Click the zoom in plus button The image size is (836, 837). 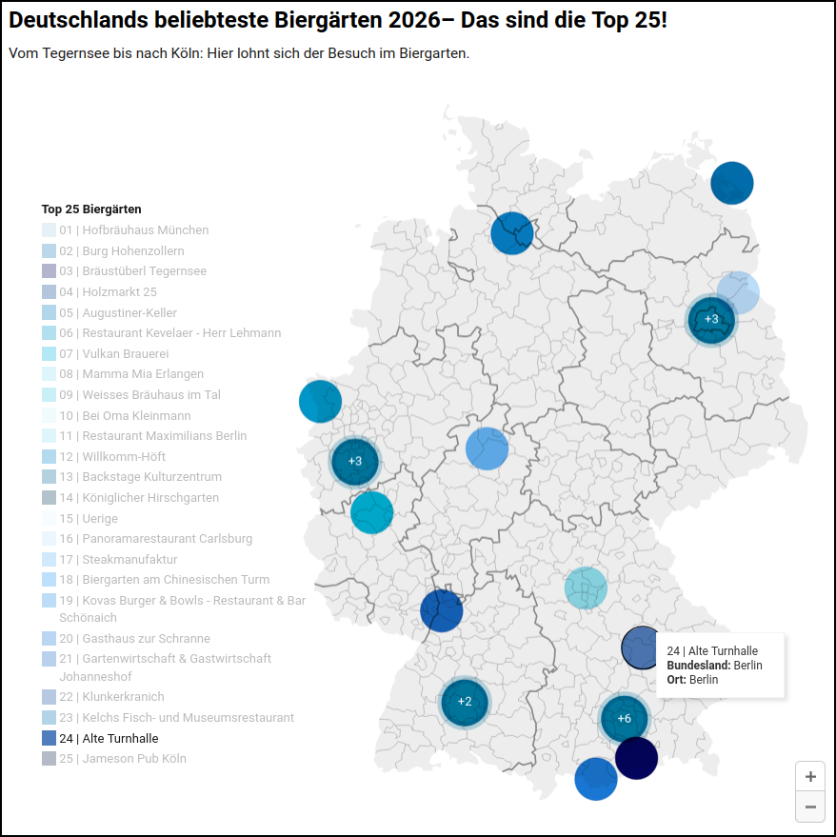[810, 776]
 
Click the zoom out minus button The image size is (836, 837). [810, 807]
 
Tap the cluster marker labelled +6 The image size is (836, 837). [625, 718]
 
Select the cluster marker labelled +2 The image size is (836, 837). [465, 702]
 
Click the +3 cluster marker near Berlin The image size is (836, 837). [711, 319]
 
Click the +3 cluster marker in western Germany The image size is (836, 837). [355, 461]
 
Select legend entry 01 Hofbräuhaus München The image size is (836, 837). [133, 230]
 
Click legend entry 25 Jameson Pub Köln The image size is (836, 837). [122, 759]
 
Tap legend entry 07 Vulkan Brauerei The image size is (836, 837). [113, 353]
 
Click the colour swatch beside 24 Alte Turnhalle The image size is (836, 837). [49, 738]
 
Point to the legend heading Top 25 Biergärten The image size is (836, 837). [91, 209]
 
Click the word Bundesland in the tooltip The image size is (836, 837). [698, 666]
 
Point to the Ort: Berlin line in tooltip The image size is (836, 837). [692, 680]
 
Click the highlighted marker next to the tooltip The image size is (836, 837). [641, 648]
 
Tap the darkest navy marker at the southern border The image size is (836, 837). [636, 758]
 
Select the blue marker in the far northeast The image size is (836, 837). [731, 183]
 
